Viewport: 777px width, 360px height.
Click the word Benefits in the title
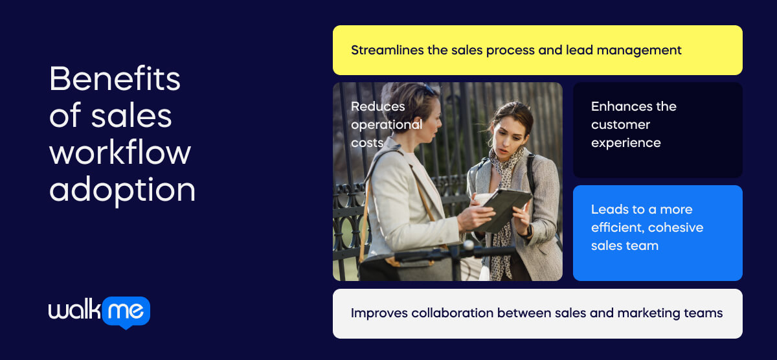pos(115,79)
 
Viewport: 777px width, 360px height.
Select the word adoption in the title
pos(122,190)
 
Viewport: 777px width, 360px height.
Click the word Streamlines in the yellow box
pos(387,50)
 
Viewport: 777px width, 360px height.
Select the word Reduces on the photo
pos(377,106)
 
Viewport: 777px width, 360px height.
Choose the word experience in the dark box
pos(625,142)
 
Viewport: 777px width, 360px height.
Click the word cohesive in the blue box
pos(675,227)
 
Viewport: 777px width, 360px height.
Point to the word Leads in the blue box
pos(609,209)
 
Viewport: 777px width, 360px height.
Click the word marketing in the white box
pos(646,313)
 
